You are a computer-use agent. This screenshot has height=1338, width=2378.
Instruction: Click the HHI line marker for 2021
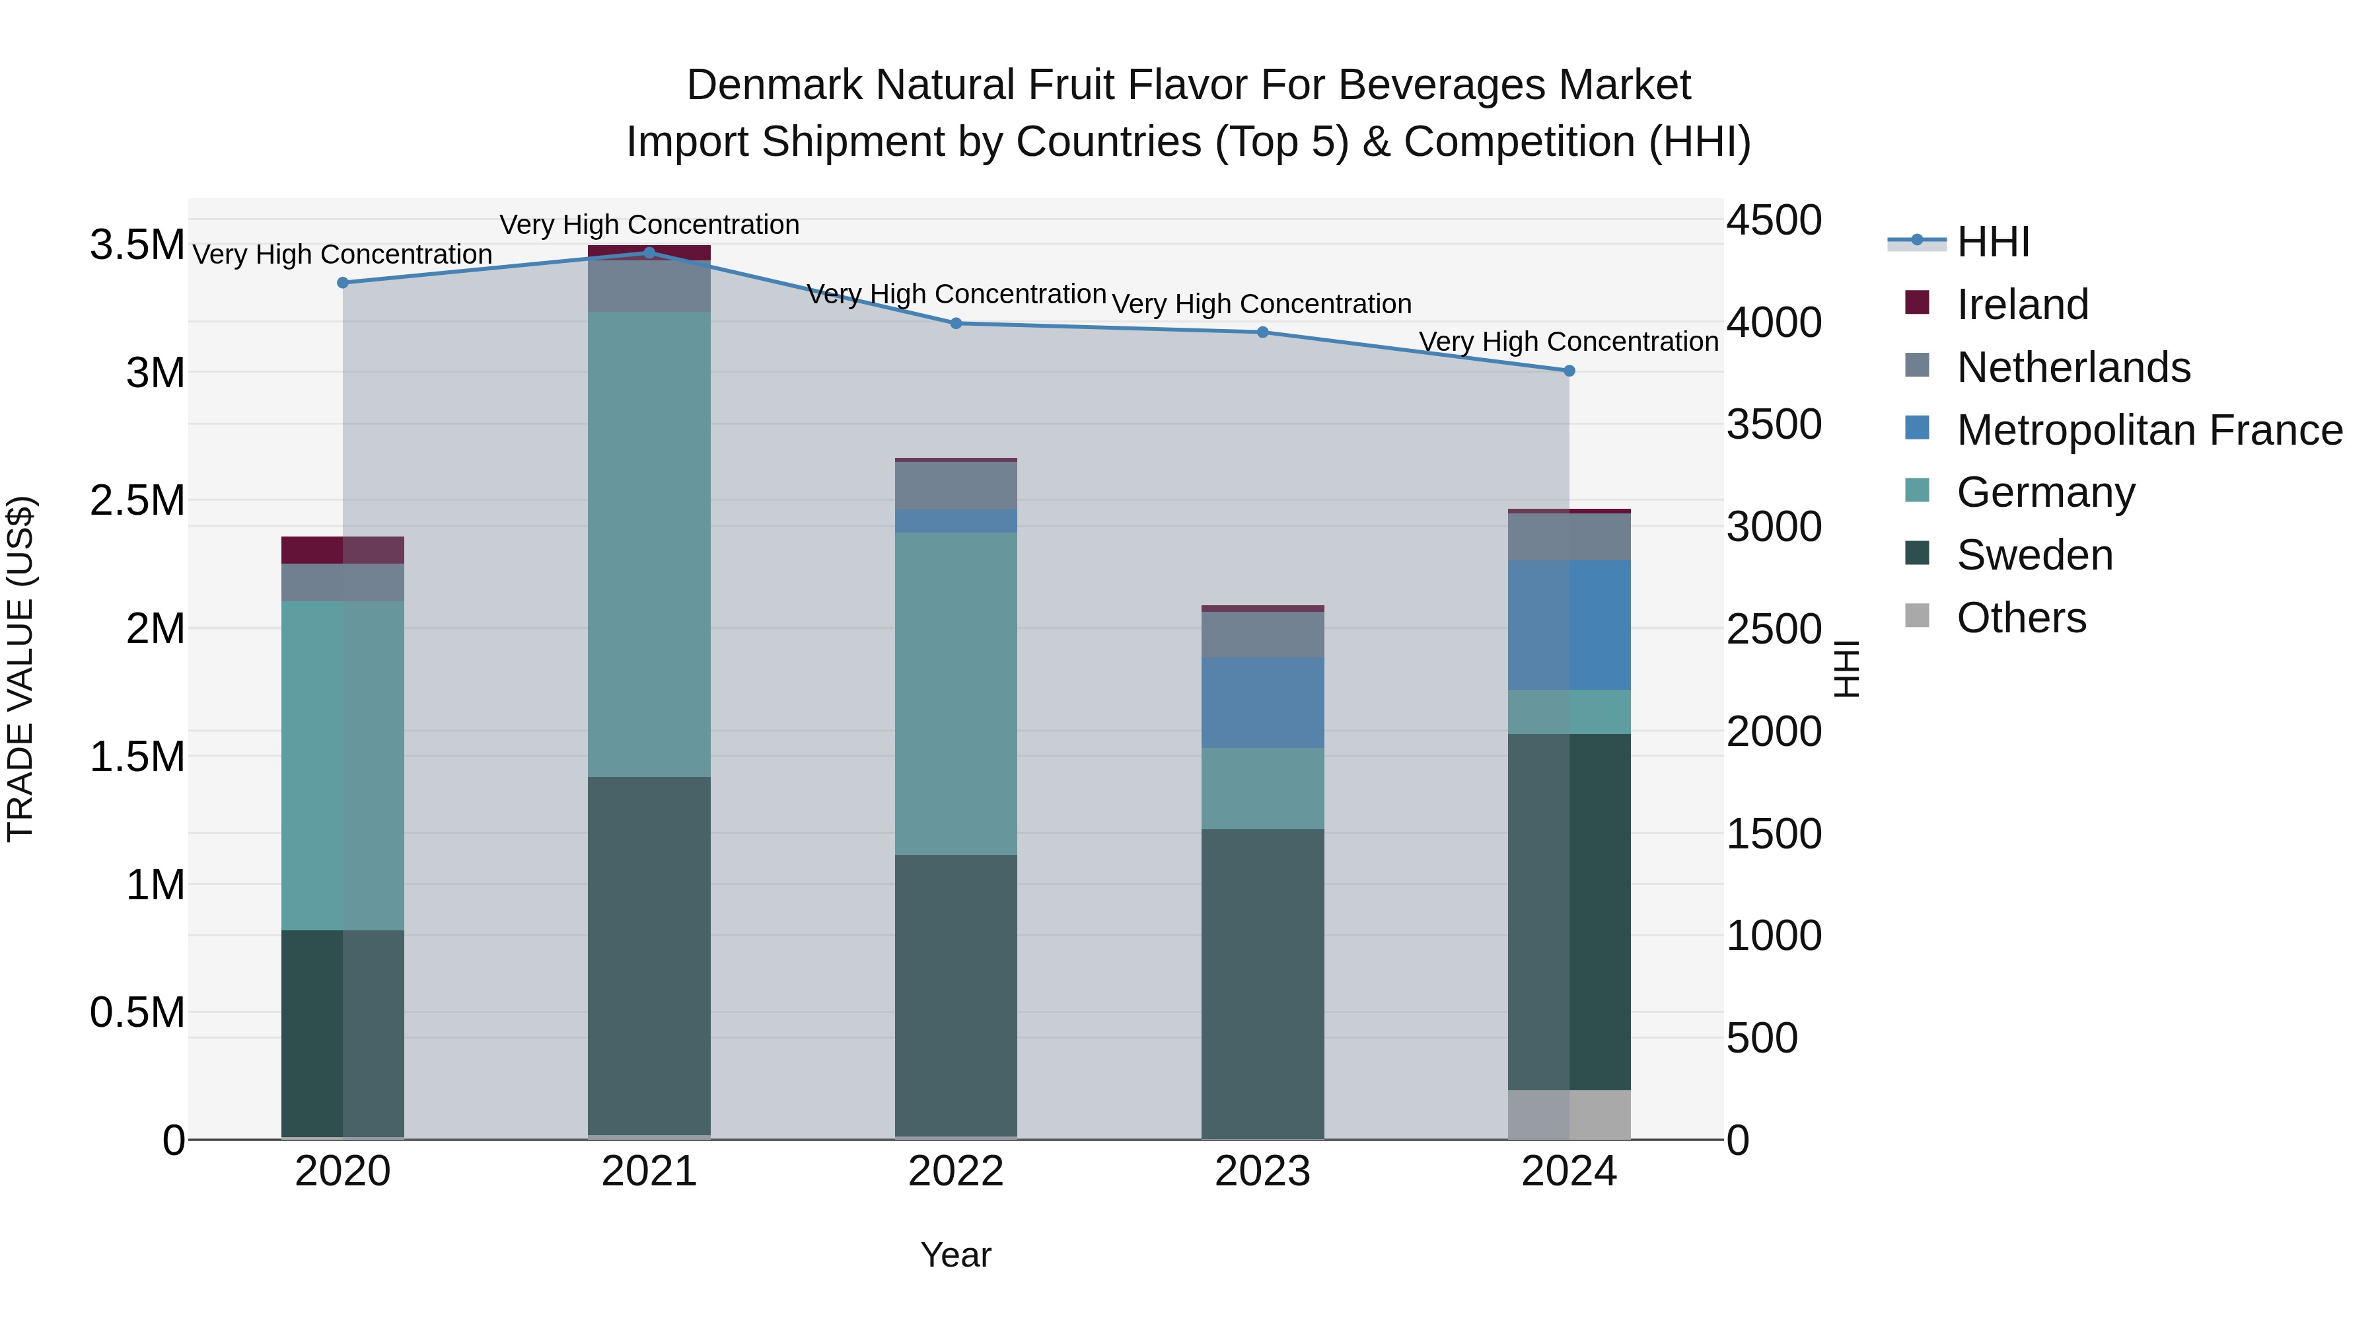649,252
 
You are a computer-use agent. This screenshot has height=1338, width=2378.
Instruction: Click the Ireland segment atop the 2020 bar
342,550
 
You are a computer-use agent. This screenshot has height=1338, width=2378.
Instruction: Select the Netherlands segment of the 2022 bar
955,486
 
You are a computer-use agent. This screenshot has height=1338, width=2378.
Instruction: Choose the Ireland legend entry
2022,305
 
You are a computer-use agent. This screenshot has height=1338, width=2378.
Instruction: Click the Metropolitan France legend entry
2149,430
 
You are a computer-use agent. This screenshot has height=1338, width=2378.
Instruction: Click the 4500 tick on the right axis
1774,221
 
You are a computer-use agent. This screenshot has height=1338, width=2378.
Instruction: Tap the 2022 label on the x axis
955,1171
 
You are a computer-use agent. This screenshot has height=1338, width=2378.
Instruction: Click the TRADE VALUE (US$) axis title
20,669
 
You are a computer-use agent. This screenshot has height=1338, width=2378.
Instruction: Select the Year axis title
955,1255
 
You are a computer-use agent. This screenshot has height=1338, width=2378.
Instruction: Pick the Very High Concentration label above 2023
1261,304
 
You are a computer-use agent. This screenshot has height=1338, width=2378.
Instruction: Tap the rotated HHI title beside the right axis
1846,669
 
